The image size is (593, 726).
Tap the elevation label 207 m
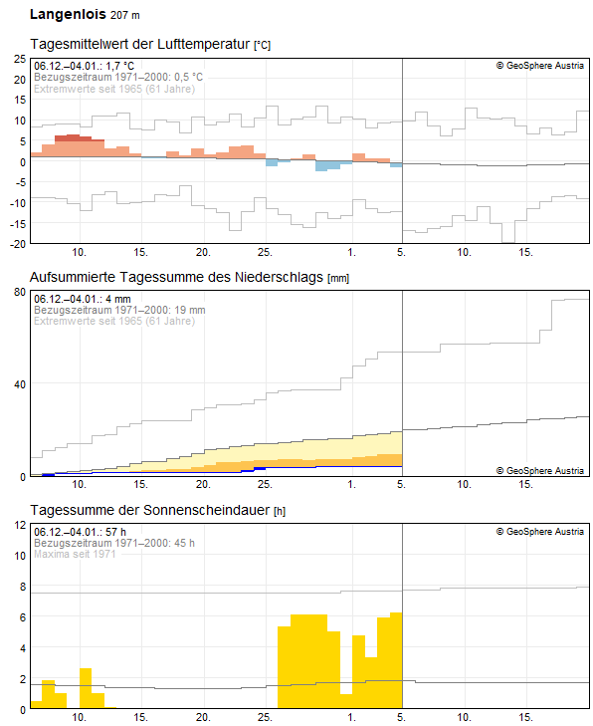(124, 16)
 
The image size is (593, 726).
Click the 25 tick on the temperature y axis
(19, 59)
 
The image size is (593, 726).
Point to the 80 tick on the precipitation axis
(19, 292)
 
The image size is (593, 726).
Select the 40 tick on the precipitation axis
(19, 383)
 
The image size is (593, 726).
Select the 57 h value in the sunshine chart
(116, 532)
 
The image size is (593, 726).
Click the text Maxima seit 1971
(76, 554)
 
